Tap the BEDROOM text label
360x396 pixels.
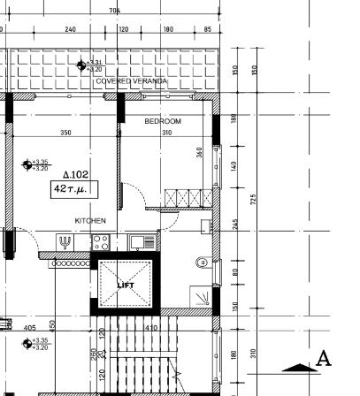pyautogui.click(x=163, y=120)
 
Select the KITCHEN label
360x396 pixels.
pyautogui.click(x=90, y=220)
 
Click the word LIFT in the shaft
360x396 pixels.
pyautogui.click(x=125, y=285)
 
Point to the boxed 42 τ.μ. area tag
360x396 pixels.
pyautogui.click(x=74, y=188)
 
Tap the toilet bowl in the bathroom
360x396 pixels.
pyautogui.click(x=202, y=262)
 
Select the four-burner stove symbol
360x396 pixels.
pyautogui.click(x=100, y=240)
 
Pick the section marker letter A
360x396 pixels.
pyautogui.click(x=323, y=359)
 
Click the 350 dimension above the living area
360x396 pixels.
pyautogui.click(x=65, y=133)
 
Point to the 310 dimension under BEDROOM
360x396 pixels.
pyautogui.click(x=166, y=133)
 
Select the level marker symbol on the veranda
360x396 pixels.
pyautogui.click(x=81, y=65)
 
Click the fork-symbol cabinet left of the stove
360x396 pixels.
pyautogui.click(x=65, y=240)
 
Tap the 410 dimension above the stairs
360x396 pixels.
pyautogui.click(x=151, y=328)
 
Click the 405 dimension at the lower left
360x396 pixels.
pyautogui.click(x=30, y=328)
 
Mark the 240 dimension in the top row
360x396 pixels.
pyautogui.click(x=70, y=29)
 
